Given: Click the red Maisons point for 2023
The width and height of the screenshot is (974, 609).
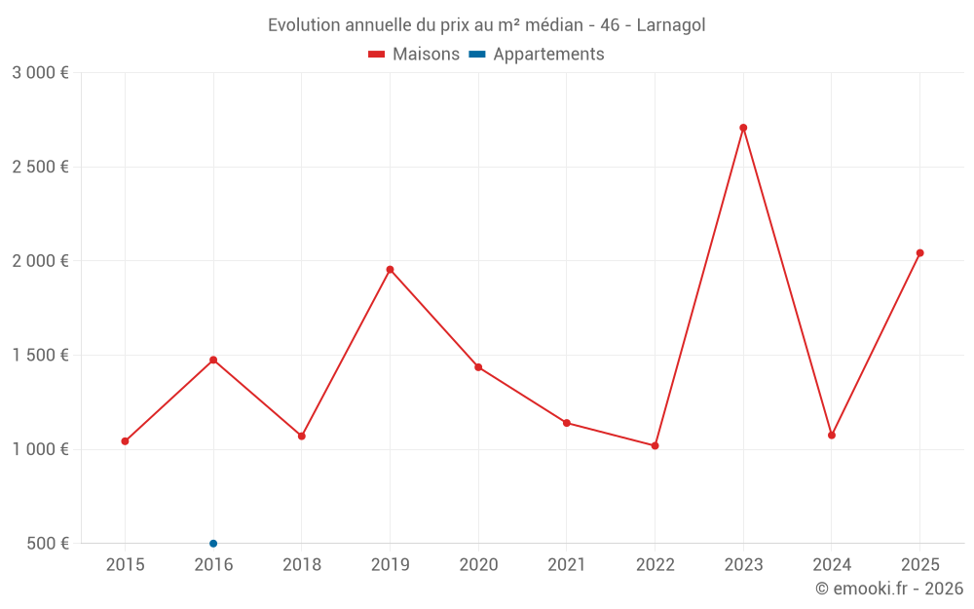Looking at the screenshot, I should point(743,128).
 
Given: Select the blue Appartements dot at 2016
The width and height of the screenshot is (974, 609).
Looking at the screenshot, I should point(213,543).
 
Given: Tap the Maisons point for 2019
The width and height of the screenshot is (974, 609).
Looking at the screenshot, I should point(390,269).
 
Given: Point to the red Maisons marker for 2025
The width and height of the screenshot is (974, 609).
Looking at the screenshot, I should point(919,252).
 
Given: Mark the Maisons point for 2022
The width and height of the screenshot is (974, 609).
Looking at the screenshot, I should point(655,445).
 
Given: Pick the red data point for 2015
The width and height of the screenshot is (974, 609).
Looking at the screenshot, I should point(125,441).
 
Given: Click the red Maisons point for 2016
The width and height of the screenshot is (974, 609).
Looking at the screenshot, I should point(213,360).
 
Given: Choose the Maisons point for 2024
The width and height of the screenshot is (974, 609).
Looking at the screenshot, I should point(832,435).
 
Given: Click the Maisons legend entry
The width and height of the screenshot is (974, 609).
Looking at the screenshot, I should point(414,55).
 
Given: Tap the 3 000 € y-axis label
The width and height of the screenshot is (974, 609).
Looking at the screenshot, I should point(40,72).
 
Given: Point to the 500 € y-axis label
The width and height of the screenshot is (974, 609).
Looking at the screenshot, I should point(48,543).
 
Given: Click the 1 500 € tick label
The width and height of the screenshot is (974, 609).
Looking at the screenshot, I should point(40,355).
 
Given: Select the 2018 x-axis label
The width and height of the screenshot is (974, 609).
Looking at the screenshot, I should point(301,564).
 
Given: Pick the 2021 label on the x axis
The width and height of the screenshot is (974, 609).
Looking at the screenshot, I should point(566,564).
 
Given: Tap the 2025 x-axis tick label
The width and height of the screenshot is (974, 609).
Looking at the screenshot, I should point(919,564).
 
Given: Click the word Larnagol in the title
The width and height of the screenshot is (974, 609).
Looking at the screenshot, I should point(671,24).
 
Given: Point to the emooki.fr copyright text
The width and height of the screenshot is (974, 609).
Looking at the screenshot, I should point(889,589).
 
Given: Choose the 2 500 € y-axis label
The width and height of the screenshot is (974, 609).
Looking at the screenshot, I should point(40,167).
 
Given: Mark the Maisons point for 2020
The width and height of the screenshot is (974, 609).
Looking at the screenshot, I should point(478,367).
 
